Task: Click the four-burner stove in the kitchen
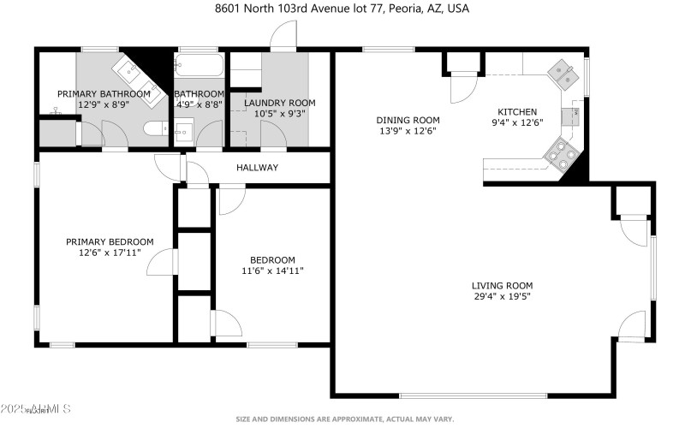562,153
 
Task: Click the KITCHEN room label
517,112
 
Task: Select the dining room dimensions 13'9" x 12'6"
408,132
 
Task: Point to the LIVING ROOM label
502,286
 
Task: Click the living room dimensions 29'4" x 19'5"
502,298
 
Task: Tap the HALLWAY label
257,168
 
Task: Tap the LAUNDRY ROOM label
279,103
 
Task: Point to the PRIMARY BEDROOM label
110,242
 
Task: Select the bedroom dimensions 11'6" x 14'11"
272,271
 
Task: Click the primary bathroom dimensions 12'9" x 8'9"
104,104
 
